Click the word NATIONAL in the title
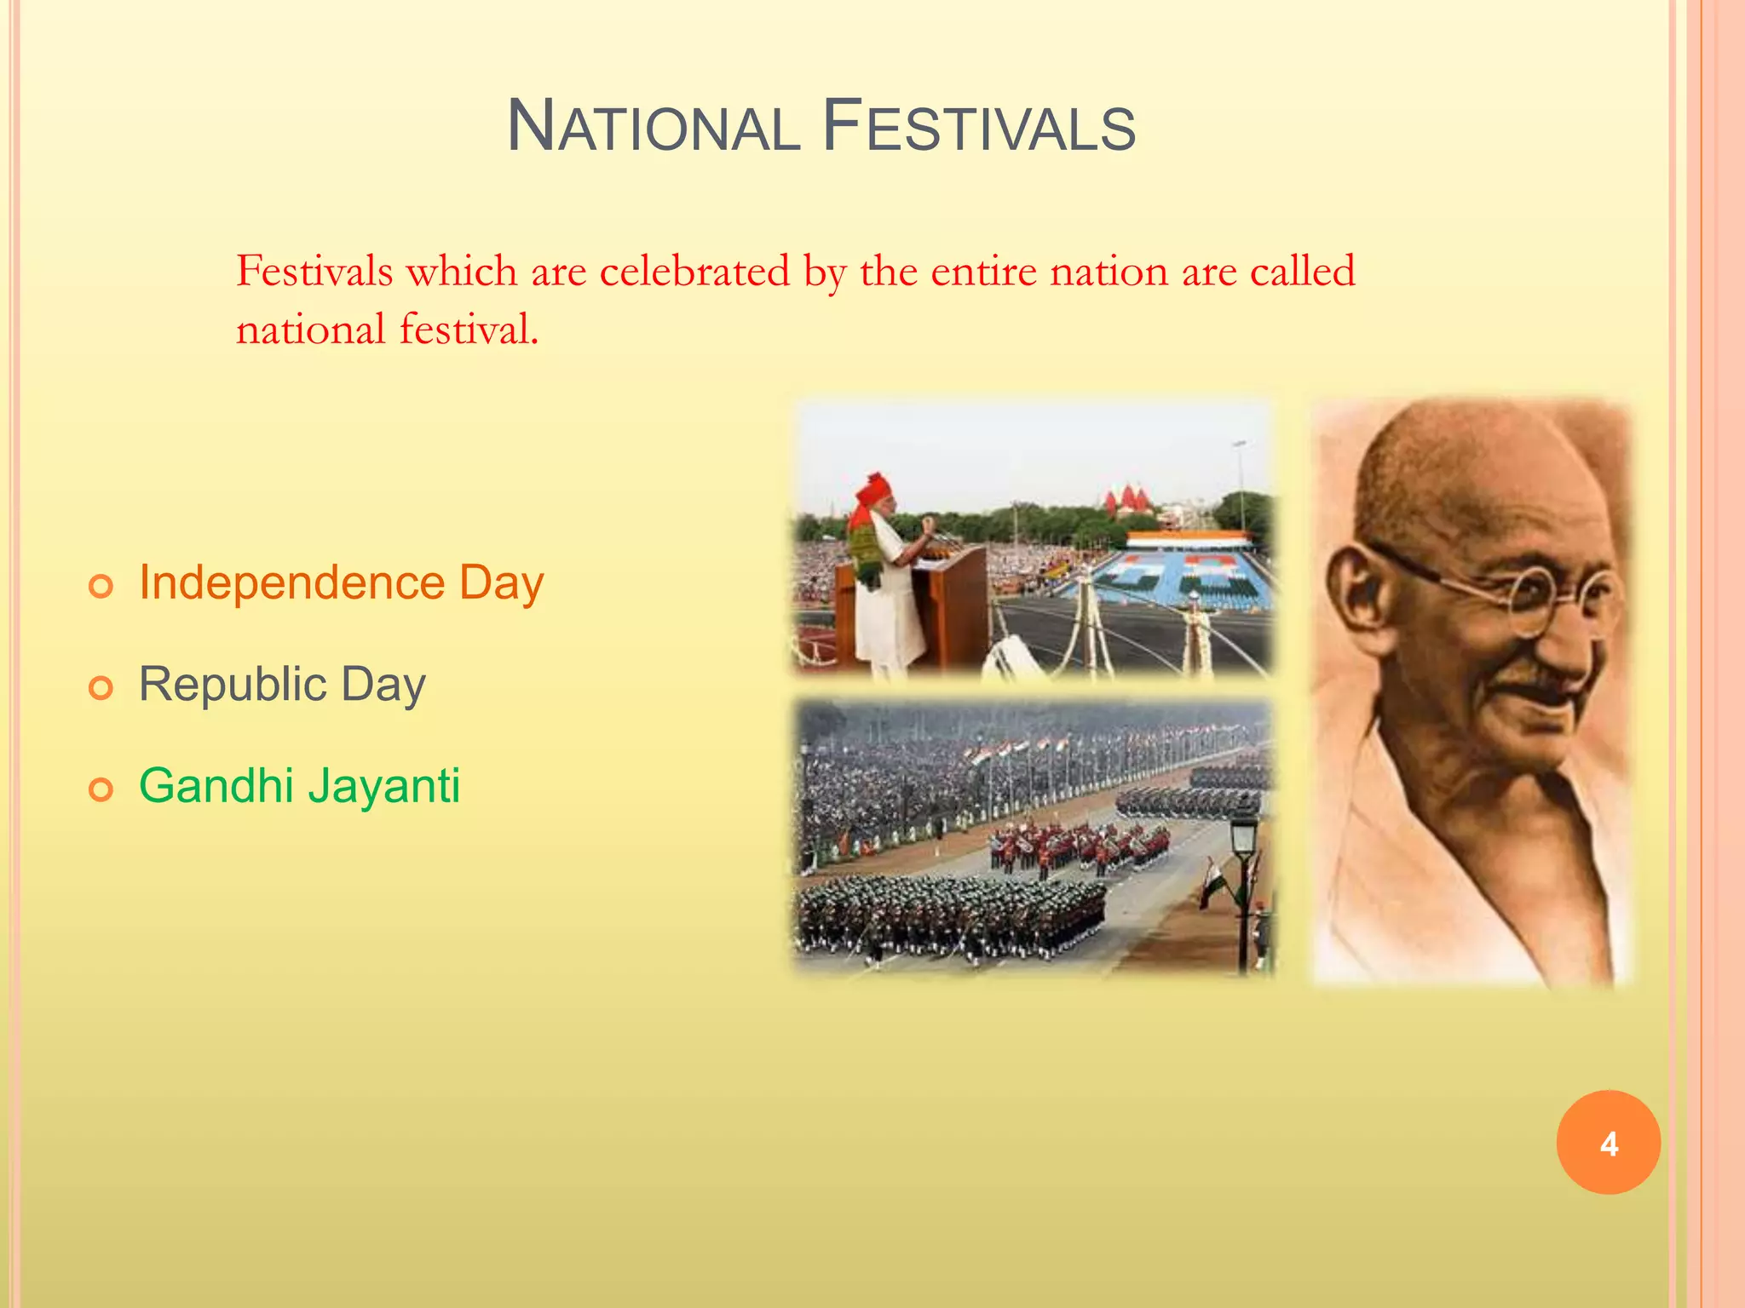(653, 128)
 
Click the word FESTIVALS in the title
(979, 128)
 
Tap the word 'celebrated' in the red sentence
(694, 272)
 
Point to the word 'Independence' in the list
(291, 583)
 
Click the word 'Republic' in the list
(233, 685)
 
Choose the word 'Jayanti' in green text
(384, 785)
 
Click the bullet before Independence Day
(101, 587)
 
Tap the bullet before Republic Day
(101, 688)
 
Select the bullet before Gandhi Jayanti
(101, 789)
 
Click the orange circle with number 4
(1608, 1143)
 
